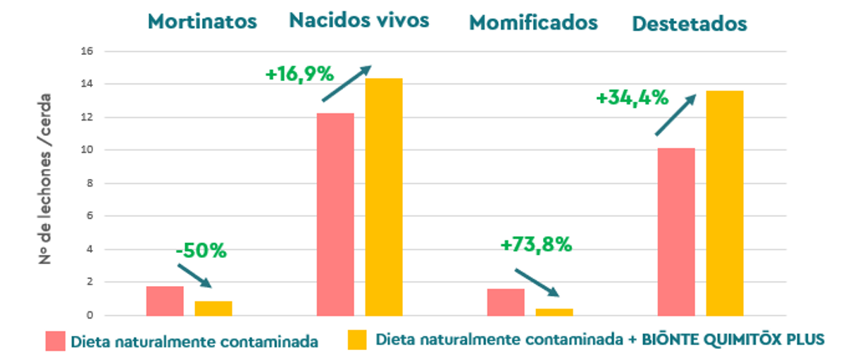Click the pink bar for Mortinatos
[x=165, y=301]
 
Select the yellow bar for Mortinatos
[x=213, y=309]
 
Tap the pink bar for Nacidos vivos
[x=335, y=214]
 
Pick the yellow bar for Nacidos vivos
[x=384, y=197]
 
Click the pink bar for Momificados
[x=506, y=302]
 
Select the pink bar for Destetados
[x=676, y=232]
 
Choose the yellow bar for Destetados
[x=725, y=203]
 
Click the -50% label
[x=201, y=250]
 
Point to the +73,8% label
[x=536, y=245]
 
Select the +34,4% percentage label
[x=632, y=98]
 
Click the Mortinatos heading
[x=202, y=21]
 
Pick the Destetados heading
[x=689, y=24]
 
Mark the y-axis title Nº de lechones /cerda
[x=46, y=178]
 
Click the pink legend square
[x=55, y=341]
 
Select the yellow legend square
[x=358, y=340]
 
